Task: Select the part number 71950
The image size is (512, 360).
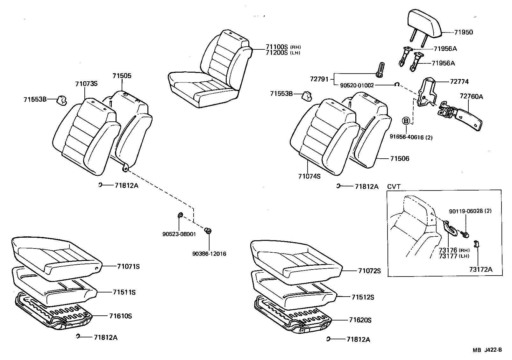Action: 463,32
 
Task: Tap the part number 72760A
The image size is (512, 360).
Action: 471,96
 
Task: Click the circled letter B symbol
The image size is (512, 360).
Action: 406,121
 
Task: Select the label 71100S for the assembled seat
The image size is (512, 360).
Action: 277,47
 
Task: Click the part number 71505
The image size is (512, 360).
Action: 122,76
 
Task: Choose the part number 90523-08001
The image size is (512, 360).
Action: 179,234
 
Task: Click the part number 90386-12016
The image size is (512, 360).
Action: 209,254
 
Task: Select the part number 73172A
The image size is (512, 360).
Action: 480,269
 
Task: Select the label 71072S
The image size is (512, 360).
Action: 369,271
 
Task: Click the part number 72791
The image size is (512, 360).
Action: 319,79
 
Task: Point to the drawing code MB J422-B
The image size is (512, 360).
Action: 487,350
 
